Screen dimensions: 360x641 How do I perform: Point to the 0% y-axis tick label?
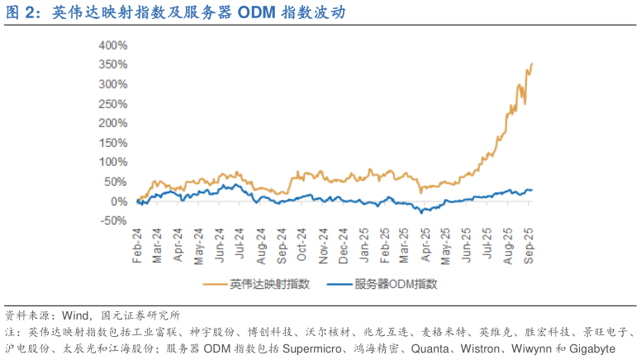117,201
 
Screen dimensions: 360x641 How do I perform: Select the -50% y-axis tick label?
112,221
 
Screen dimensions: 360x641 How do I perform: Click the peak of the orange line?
531,64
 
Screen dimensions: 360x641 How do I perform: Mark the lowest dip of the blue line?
424,213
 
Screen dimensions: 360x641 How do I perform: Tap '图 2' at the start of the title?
20,13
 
